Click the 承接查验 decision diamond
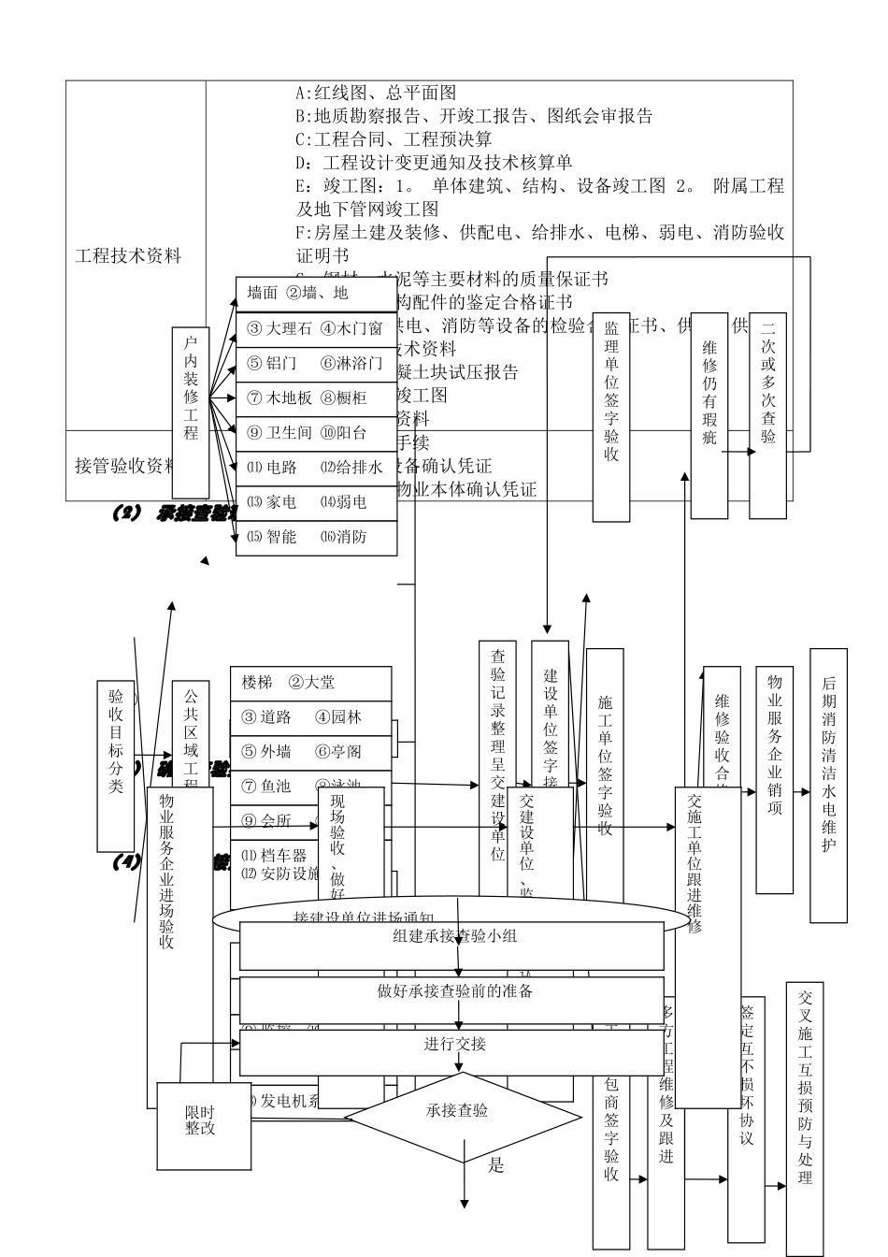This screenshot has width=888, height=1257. click(x=458, y=1111)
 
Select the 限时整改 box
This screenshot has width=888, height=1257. click(x=200, y=1120)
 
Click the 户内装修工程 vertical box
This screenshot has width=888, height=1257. click(x=191, y=412)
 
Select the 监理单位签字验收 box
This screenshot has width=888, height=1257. click(x=611, y=416)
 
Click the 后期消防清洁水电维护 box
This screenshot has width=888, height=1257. click(x=828, y=786)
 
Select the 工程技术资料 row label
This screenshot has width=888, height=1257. click(x=129, y=255)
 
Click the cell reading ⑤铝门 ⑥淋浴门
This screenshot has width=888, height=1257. click(x=315, y=363)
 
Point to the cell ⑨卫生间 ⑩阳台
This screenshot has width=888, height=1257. click(x=315, y=433)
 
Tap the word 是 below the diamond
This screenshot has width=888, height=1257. click(x=496, y=1165)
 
